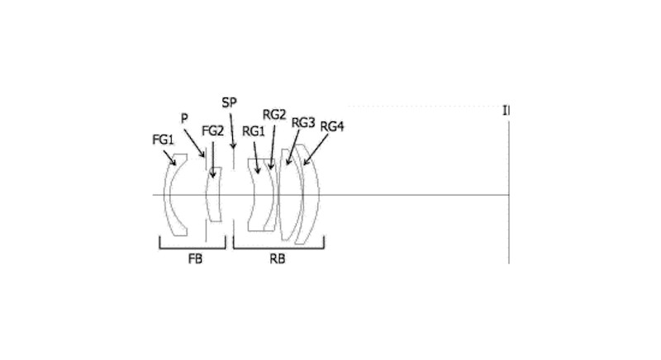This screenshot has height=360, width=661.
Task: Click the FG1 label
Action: point(163,140)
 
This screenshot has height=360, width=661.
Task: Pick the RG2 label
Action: point(274,114)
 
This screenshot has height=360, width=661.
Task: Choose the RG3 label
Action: point(303,121)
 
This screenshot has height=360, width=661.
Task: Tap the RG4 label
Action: point(332,126)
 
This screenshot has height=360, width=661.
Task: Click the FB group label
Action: point(191,258)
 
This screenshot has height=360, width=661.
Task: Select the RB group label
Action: point(278,258)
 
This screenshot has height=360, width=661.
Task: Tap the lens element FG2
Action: point(215,195)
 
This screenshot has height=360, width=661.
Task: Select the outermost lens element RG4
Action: point(312,195)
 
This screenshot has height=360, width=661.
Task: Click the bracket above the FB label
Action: point(191,244)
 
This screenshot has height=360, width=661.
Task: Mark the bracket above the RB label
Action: point(278,244)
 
